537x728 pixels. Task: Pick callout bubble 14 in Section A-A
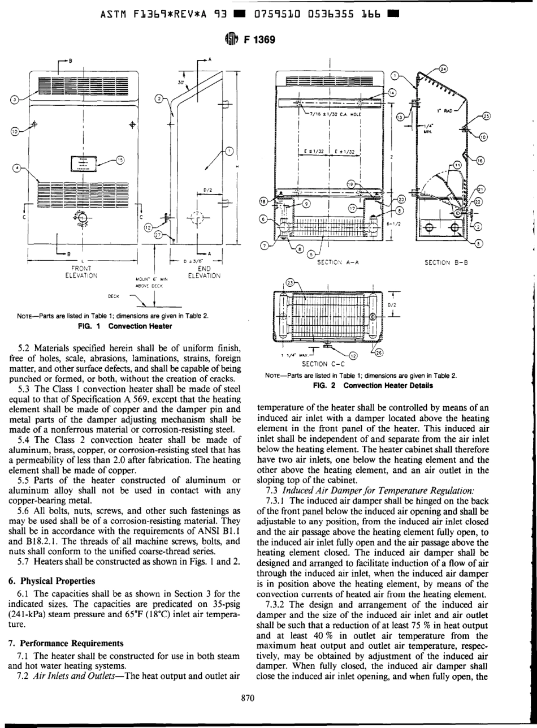pyautogui.click(x=392, y=93)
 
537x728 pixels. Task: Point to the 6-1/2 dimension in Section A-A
pyautogui.click(x=394, y=223)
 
